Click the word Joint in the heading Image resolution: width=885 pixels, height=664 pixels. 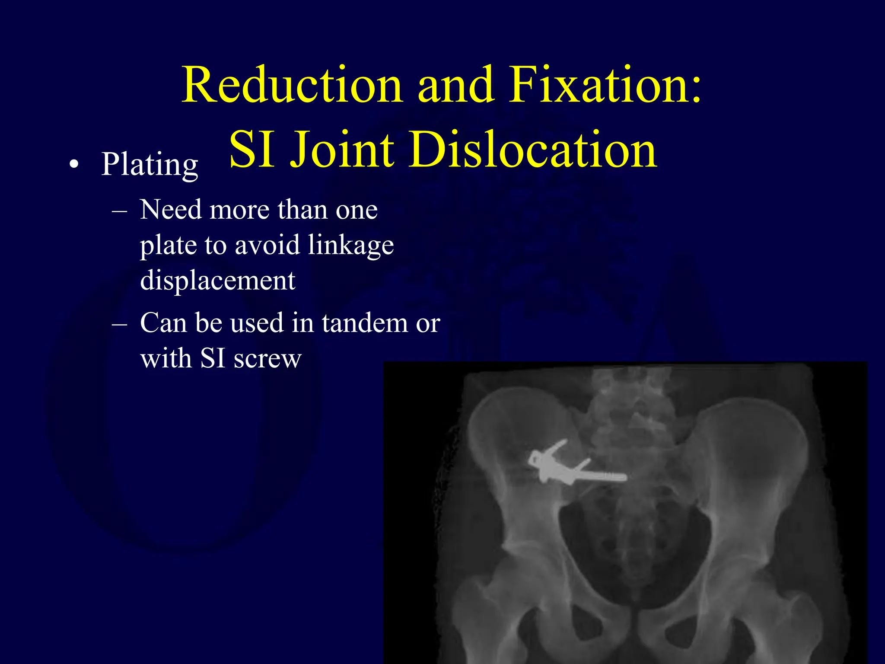tap(342, 150)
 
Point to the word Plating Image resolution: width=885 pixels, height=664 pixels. tap(150, 165)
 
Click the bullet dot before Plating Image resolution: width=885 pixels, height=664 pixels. tap(74, 166)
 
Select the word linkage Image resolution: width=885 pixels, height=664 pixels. tap(351, 246)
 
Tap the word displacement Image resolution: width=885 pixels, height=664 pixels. tap(218, 281)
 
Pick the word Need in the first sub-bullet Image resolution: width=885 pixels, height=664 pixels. tap(171, 210)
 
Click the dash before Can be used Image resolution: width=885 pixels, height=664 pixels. tap(119, 324)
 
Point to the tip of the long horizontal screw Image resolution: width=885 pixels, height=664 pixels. tap(624, 477)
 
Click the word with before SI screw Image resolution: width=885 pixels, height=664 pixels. tap(166, 359)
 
